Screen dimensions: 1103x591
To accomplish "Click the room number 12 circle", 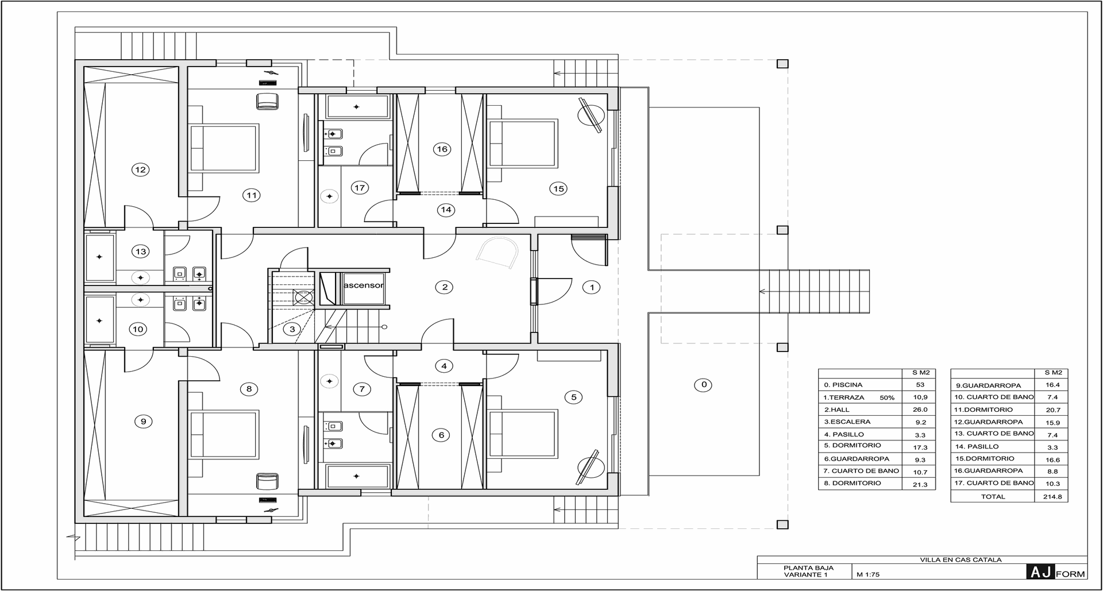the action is pos(140,169).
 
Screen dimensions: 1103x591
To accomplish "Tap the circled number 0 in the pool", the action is pos(703,385).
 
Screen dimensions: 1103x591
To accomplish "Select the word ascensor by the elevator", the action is pos(363,285).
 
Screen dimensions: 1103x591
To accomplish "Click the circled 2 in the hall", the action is pos(444,287).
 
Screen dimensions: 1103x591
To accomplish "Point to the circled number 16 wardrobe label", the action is pos(442,149).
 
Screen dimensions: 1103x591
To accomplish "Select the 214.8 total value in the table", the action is pos(1052,497).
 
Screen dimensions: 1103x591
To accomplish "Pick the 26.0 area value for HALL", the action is pos(920,410).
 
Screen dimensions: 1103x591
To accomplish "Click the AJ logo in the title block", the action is pos(1040,572).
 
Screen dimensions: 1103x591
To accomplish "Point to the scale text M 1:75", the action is pos(868,574).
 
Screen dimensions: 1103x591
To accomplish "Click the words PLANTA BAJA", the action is pos(808,568).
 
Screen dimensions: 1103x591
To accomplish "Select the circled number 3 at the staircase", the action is pos(292,330).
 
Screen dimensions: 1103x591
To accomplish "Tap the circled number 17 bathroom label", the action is pos(360,188).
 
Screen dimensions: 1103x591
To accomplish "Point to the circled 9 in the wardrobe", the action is pos(143,422).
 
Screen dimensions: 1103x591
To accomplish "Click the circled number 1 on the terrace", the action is pos(592,287).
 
